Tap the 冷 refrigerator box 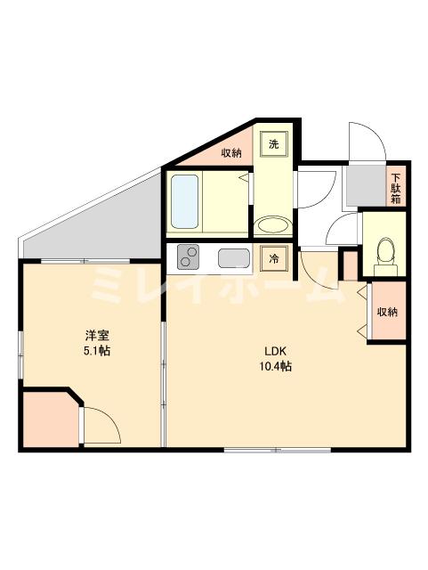tap(275, 259)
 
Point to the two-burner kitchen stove tap(190, 258)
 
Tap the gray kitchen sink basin tap(234, 259)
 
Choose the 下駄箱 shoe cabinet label tap(396, 187)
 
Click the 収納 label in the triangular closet tap(231, 153)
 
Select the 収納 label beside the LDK tap(386, 312)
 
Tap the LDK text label tap(272, 350)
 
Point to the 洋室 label tap(97, 335)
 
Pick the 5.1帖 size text tap(98, 351)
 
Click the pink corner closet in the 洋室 tap(48, 419)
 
